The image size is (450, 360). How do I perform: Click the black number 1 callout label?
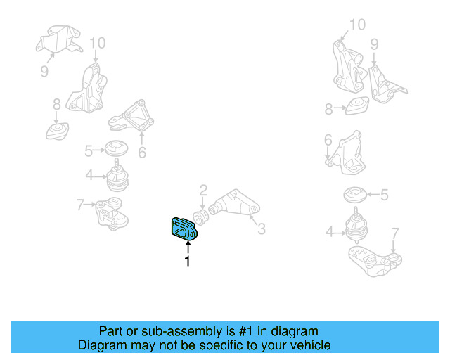pos(188,263)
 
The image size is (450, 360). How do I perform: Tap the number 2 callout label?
pos(203,190)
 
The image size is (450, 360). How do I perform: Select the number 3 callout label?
pos(261,229)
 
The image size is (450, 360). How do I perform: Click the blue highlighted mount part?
pos(184,229)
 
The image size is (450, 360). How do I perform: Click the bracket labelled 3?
pos(235,206)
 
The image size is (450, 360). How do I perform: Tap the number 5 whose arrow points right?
pos(89,150)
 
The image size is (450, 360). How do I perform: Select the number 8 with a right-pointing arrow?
pos(328,109)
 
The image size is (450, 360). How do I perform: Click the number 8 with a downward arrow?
pos(56,105)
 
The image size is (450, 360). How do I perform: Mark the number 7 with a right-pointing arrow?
pos(80,205)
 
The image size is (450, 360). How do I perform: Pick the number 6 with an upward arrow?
pos(142,152)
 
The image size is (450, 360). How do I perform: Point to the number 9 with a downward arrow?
pos(374,44)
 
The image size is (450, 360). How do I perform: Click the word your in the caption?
pos(271,345)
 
